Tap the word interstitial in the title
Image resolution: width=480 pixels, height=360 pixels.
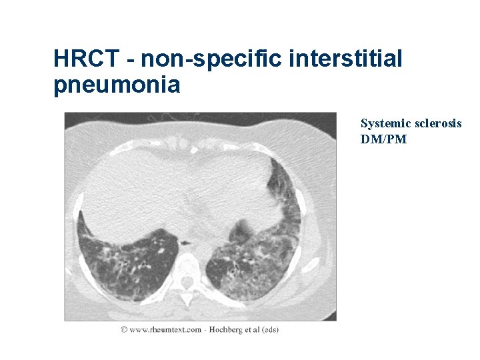tap(347, 59)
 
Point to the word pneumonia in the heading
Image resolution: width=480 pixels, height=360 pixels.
tap(117, 85)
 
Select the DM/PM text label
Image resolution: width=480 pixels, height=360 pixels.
tap(383, 139)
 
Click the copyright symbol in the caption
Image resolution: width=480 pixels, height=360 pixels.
tap(125, 329)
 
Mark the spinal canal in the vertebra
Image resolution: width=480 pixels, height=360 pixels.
tap(188, 279)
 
